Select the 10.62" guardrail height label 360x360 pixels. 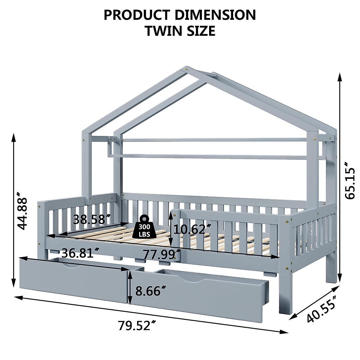(191, 229)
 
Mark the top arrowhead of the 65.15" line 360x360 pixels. (340, 77)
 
